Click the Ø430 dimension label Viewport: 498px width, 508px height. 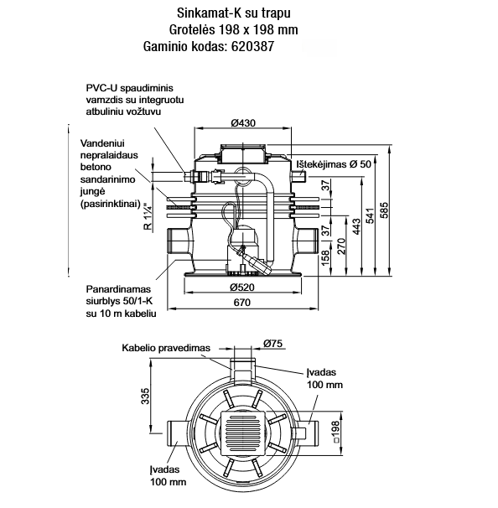243,123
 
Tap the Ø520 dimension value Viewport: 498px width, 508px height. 242,288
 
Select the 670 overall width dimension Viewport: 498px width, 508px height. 242,303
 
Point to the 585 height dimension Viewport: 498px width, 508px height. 384,210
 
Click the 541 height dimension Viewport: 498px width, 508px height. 370,215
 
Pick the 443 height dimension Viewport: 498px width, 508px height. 356,227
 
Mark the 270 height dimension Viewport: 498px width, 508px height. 341,246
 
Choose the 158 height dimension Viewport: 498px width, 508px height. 326,257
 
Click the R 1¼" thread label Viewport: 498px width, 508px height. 148,216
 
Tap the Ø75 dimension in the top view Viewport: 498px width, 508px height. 272,344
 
